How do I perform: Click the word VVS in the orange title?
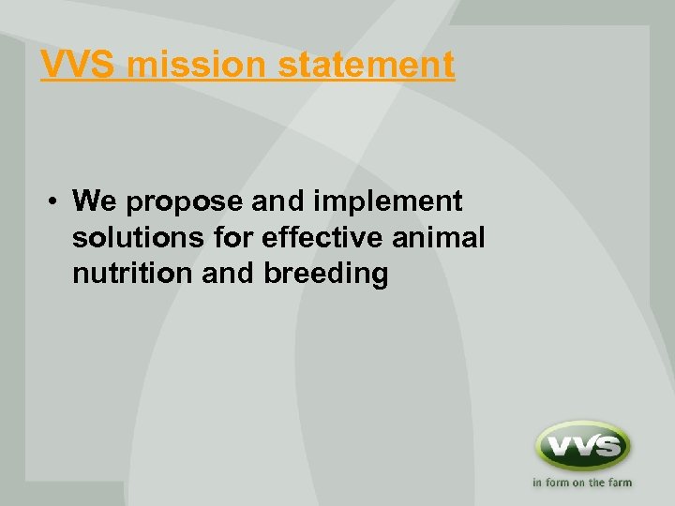[x=78, y=65]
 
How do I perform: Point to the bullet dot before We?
[x=57, y=201]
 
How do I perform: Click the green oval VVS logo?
[x=582, y=446]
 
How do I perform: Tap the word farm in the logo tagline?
[x=619, y=484]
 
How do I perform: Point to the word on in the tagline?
[x=580, y=484]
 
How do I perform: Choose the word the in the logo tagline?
[x=597, y=484]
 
